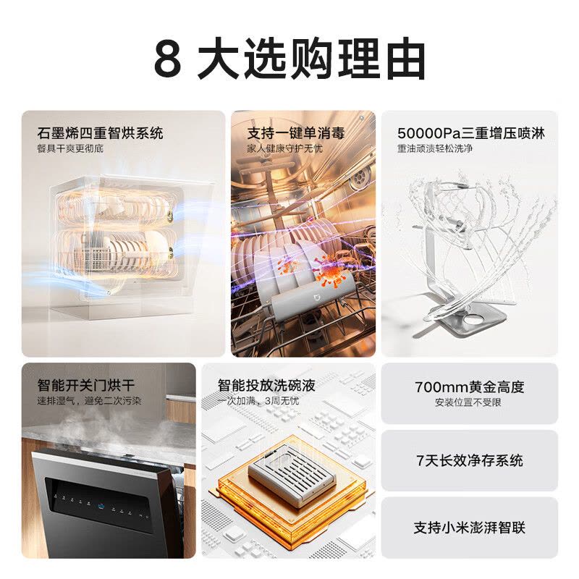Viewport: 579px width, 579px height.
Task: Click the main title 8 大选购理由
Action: click(289, 59)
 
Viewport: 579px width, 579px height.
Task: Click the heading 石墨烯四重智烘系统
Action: click(101, 133)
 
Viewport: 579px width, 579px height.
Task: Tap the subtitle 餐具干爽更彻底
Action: click(74, 149)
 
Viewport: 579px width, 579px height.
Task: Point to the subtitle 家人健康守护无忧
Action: click(285, 149)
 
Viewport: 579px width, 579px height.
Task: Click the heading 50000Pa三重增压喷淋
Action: click(470, 133)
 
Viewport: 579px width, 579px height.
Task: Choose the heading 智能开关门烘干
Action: click(86, 385)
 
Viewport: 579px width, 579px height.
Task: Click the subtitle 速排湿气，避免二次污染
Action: click(90, 400)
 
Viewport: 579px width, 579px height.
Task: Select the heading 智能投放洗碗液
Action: click(266, 385)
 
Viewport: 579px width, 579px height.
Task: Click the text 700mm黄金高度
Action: click(470, 387)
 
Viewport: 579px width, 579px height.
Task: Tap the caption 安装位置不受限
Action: click(469, 402)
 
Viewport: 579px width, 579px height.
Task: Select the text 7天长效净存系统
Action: click(470, 461)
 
